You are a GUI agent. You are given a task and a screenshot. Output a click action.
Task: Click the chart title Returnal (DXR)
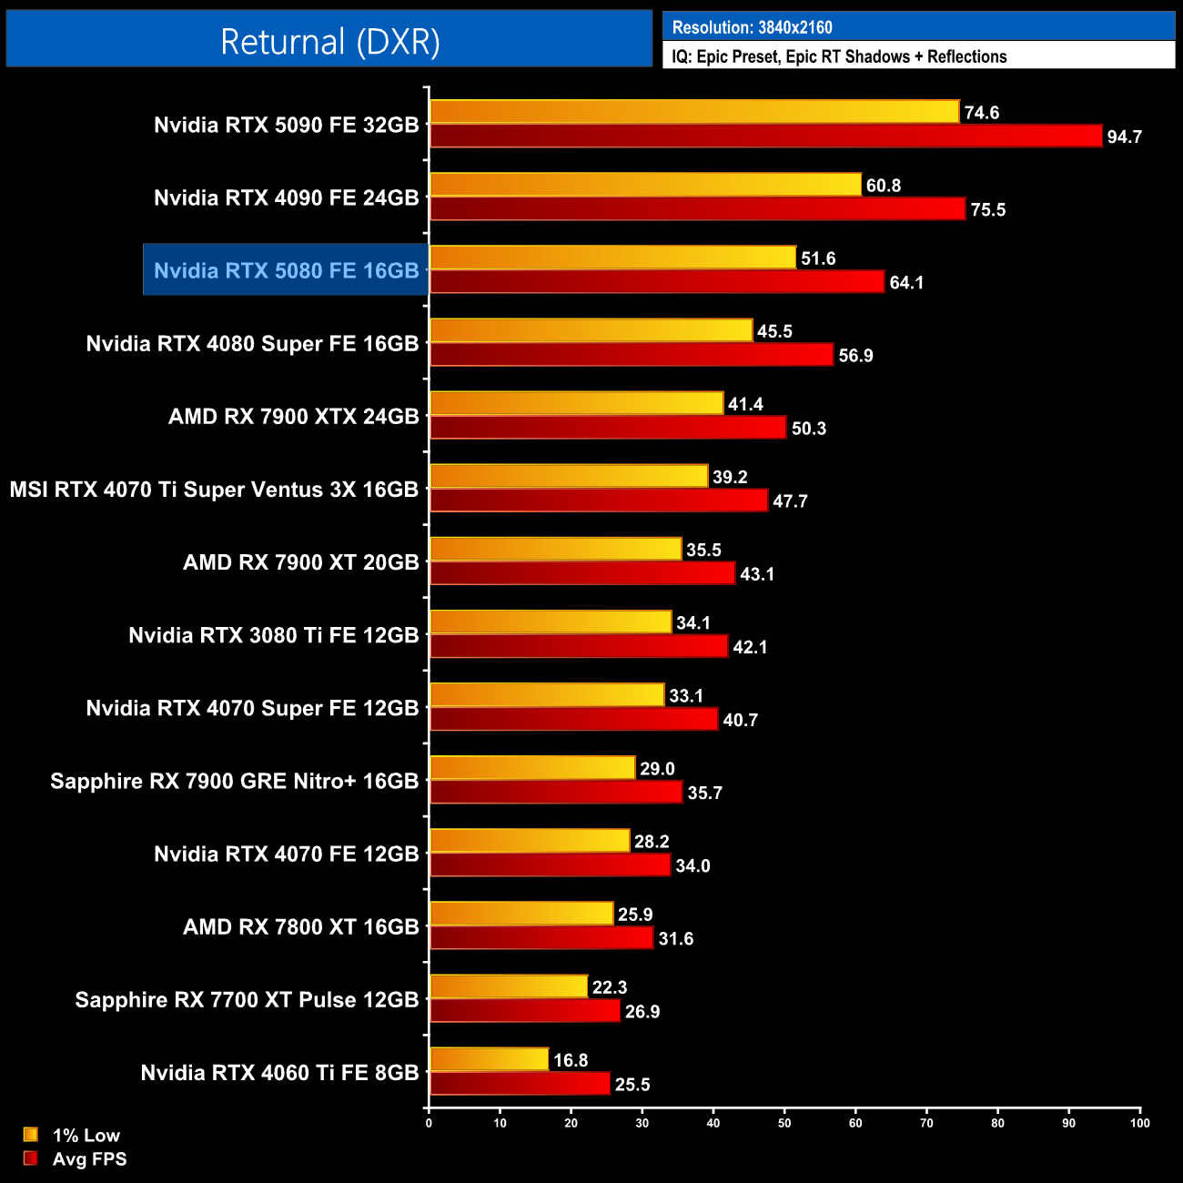point(329,42)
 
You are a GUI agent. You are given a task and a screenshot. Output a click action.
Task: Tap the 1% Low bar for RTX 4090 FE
point(645,185)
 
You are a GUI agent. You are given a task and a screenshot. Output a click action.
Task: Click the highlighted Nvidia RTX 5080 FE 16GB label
point(286,270)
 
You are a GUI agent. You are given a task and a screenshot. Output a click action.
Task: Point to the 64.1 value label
point(906,283)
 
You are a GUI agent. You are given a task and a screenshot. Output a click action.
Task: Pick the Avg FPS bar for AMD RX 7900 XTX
point(608,428)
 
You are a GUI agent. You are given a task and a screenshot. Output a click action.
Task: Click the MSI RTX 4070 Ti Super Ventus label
point(214,490)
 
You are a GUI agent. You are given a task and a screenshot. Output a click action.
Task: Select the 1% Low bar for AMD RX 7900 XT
point(555,549)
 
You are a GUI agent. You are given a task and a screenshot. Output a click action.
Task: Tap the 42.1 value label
point(750,647)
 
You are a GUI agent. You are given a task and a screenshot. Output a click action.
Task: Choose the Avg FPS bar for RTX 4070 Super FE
point(573,719)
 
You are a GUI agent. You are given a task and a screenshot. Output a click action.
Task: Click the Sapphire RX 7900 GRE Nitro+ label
point(234,781)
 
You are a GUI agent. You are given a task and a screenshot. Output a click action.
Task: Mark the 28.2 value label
point(652,842)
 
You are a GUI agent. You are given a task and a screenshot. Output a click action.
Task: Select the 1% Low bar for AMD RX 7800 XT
point(521,914)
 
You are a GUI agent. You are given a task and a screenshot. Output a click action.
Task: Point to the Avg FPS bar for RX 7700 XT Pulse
point(524,1010)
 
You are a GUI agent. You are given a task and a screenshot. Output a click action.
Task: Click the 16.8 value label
point(571,1060)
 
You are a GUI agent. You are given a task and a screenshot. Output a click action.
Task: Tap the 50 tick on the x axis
point(784,1123)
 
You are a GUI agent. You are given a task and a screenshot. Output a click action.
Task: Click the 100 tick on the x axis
point(1139,1123)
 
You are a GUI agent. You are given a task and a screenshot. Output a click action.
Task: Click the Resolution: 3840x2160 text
point(752,27)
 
